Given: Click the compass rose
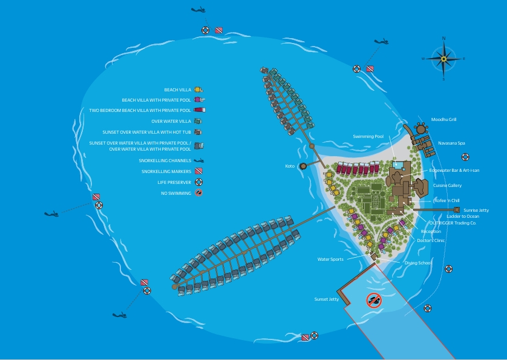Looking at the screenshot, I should coord(443,59).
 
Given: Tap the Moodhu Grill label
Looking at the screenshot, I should coord(444,120).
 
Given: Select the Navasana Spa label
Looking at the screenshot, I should coord(452,143).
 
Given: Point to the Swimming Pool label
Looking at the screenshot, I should coord(368,137).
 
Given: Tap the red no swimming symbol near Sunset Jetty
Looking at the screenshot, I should coord(374,300).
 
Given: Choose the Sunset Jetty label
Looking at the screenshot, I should coord(326,299).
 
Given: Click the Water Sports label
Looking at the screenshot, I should coord(330,260).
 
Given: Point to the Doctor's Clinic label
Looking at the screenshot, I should coord(431,240).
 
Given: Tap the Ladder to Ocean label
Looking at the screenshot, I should coord(463,216).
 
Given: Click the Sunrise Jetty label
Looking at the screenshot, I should coord(476,210).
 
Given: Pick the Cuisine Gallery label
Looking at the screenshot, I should coord(447,186).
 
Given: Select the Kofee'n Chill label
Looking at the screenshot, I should coord(447,200).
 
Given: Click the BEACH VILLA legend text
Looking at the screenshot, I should coord(177,90).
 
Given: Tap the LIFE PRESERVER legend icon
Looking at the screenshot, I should coord(198,182).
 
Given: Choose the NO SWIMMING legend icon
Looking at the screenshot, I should coord(198,193).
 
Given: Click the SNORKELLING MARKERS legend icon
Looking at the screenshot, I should coord(198,172).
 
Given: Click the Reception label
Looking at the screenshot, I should coord(431,231).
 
